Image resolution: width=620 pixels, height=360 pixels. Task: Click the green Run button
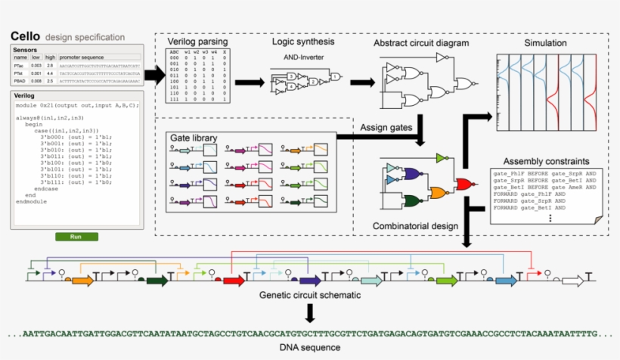coord(76,237)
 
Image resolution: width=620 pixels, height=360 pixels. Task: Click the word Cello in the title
coord(26,36)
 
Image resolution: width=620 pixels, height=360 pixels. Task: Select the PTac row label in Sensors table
coord(19,67)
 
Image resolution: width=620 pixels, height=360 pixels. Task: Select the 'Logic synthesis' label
coord(303,42)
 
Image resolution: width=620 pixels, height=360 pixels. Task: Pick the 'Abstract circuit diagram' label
coord(421,43)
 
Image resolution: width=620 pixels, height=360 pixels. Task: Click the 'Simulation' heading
coord(544,43)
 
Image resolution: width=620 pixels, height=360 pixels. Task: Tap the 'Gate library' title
coord(193,138)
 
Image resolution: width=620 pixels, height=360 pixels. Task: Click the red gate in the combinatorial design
coord(464,183)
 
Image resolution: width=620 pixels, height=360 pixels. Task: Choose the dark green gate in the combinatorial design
coord(413,201)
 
